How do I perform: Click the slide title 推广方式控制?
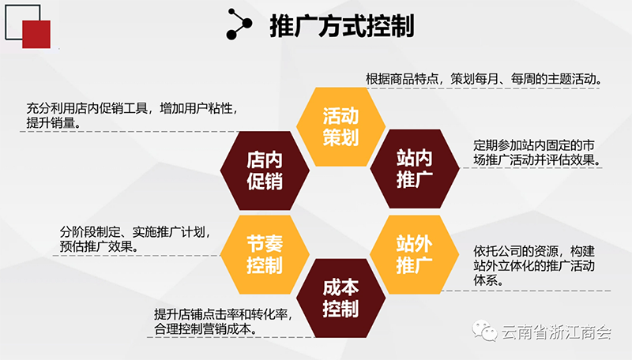pos(342,26)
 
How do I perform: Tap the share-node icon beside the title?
pos(239,24)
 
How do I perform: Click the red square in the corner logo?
pos(36,34)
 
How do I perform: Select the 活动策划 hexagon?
pos(341,126)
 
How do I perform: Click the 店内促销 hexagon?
pos(265,171)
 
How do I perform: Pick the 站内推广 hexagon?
pos(415,168)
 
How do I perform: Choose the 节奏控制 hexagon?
pos(265,254)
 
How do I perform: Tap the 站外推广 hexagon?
pos(415,254)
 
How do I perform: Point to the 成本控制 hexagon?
pos(341,298)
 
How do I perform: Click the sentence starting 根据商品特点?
pos(483,78)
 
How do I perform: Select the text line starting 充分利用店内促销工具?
pos(133,108)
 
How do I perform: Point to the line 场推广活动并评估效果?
pos(537,159)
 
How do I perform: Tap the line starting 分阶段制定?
pos(135,232)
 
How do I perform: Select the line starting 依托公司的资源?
pos(534,251)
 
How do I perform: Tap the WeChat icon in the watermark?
pos(485,331)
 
